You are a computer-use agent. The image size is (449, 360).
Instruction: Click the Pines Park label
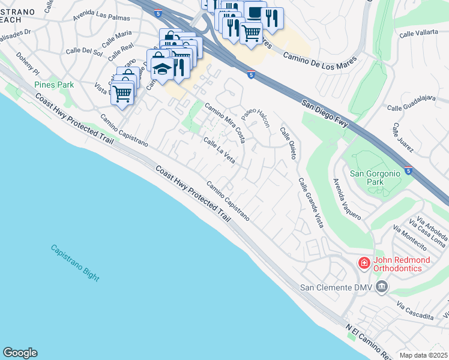pyautogui.click(x=54, y=85)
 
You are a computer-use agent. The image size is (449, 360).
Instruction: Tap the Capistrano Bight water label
pyautogui.click(x=75, y=262)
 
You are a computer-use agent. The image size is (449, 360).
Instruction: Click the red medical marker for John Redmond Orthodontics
pyautogui.click(x=364, y=263)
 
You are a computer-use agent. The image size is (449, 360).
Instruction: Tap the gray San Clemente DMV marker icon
pyautogui.click(x=381, y=288)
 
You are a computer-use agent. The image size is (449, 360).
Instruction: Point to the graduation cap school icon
pyautogui.click(x=161, y=68)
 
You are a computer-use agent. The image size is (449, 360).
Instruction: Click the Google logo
pyautogui.click(x=20, y=353)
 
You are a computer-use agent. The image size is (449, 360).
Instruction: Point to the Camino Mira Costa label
pyautogui.click(x=225, y=122)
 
